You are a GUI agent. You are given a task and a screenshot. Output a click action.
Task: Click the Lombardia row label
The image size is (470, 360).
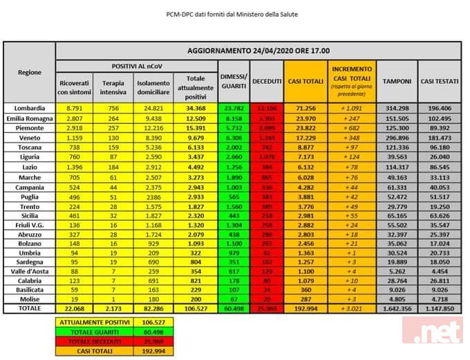click(x=30, y=108)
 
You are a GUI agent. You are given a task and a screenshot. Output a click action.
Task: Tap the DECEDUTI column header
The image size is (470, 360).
click(x=267, y=81)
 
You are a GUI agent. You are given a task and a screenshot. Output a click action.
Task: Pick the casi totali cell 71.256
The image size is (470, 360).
click(x=305, y=108)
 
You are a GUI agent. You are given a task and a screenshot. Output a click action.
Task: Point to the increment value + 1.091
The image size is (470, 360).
click(x=352, y=108)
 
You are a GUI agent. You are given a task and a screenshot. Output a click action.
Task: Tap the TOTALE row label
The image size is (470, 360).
click(x=30, y=307)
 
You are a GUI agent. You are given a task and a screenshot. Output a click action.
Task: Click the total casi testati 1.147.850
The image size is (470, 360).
click(x=440, y=307)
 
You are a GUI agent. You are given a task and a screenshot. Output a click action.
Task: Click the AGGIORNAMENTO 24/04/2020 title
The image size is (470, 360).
click(x=258, y=51)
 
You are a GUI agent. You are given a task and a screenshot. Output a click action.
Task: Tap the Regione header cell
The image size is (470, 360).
click(x=30, y=72)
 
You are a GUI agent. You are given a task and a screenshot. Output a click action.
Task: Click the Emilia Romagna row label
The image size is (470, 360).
click(x=30, y=118)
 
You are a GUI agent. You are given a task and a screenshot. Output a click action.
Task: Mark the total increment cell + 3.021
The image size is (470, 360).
click(x=352, y=307)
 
